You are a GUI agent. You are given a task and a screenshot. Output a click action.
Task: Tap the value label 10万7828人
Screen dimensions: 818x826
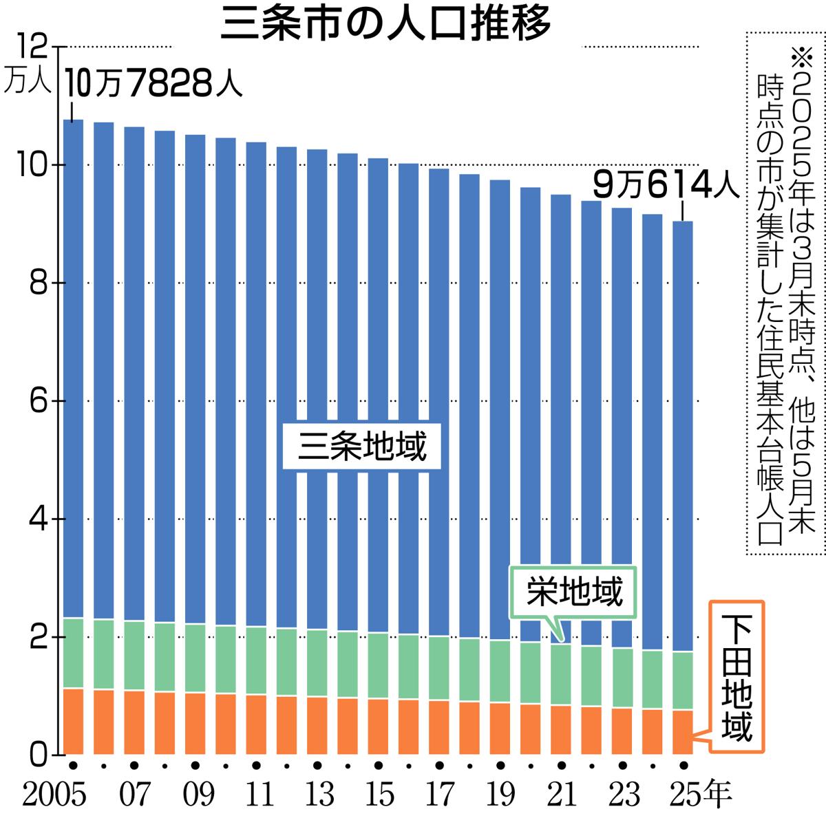(153, 86)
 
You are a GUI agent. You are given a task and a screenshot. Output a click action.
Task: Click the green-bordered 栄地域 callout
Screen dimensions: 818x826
(574, 592)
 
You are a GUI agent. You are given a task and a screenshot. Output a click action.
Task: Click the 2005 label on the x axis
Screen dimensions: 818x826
(56, 795)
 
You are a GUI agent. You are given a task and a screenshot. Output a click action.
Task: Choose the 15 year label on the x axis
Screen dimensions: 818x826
(378, 795)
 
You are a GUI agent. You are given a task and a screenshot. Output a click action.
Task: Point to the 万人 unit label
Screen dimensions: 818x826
(27, 83)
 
